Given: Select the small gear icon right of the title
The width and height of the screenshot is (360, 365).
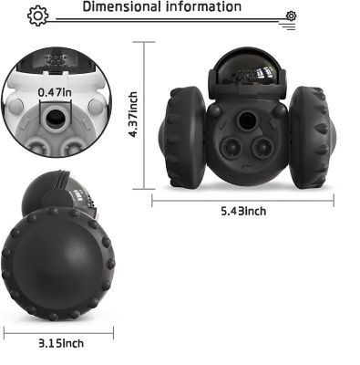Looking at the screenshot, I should (x=291, y=16).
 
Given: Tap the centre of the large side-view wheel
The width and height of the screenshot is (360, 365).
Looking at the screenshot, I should (x=57, y=265).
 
